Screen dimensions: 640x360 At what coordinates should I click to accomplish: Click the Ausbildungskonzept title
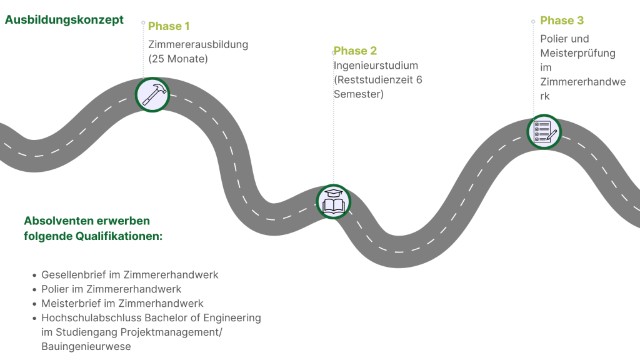(x=64, y=20)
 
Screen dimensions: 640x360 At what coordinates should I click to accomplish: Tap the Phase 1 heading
(x=169, y=26)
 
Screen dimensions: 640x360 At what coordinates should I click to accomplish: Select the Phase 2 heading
(x=355, y=51)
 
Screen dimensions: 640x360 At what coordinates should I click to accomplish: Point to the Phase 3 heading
(x=562, y=21)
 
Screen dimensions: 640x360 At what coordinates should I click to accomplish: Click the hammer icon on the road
(x=152, y=95)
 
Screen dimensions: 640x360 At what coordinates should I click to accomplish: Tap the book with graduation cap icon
(x=334, y=202)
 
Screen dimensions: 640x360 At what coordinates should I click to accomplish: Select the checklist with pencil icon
(x=544, y=132)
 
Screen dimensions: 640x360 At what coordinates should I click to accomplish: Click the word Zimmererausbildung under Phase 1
(x=198, y=44)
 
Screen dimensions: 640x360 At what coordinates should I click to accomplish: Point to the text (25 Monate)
(x=178, y=59)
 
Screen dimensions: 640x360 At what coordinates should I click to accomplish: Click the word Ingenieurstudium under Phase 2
(x=376, y=65)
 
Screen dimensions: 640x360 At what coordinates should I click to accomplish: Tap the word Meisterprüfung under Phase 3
(x=577, y=53)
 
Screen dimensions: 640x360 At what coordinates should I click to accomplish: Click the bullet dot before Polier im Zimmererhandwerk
(x=35, y=290)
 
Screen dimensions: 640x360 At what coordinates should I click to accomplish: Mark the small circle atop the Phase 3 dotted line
(x=533, y=22)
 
